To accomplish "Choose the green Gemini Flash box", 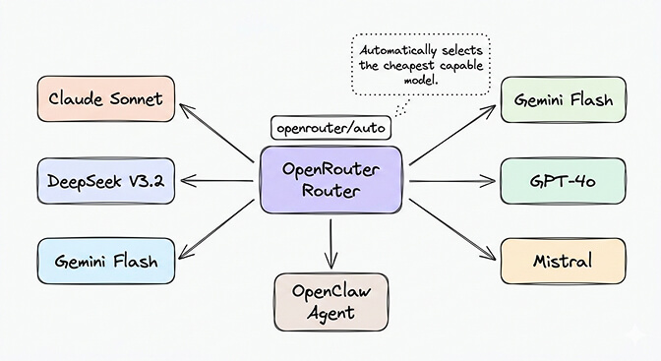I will tap(562, 99).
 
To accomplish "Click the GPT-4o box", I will tap(562, 181).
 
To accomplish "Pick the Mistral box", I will tap(562, 262).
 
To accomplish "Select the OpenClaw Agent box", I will tap(330, 302).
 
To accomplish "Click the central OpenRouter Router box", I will tap(330, 180).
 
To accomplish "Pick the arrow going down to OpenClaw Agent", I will tap(331, 244).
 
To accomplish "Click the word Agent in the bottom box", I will tap(330, 314).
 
